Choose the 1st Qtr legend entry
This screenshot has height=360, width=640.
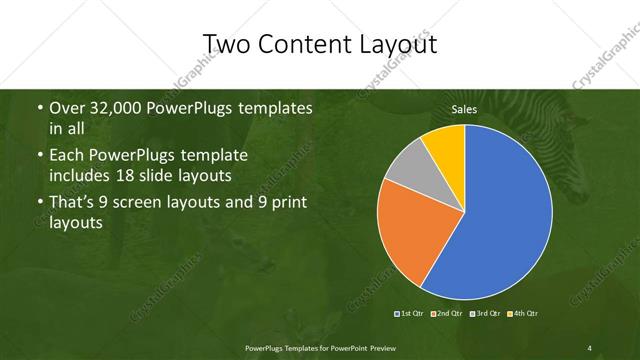tap(411, 314)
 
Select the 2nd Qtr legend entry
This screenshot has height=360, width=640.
tap(447, 314)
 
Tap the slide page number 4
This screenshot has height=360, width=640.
tap(590, 347)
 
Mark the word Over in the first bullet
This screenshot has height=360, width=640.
tap(66, 108)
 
